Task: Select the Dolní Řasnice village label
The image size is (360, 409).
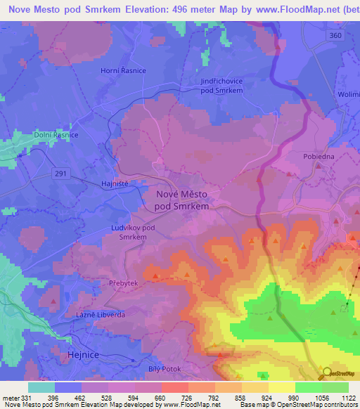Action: coord(56,134)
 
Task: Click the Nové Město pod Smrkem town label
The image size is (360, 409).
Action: coord(181,200)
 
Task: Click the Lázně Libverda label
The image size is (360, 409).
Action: coord(101,315)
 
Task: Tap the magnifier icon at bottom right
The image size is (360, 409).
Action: coord(327,372)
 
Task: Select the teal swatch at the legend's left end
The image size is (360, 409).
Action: coord(41,387)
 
